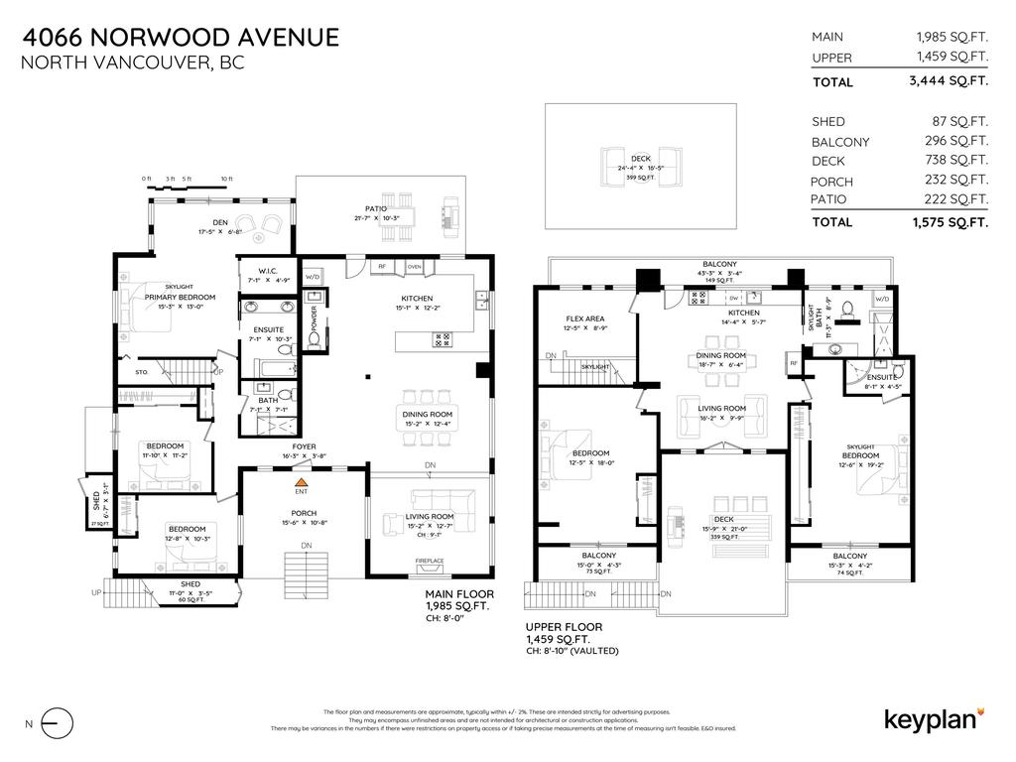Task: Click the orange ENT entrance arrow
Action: [x=301, y=483]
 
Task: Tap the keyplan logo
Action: [x=933, y=719]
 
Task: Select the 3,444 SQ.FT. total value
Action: [x=950, y=82]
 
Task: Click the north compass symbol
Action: [x=59, y=723]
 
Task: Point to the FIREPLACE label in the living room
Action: [x=430, y=561]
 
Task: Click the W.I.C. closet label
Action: [x=267, y=271]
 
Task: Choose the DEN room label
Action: [x=221, y=221]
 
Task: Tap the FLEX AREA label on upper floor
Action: [x=585, y=318]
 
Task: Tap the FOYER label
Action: [x=304, y=446]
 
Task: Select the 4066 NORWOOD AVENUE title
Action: [x=181, y=38]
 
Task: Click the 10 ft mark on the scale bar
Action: [x=227, y=180]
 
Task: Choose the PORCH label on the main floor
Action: [x=303, y=512]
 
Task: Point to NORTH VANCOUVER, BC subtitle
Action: [x=132, y=63]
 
